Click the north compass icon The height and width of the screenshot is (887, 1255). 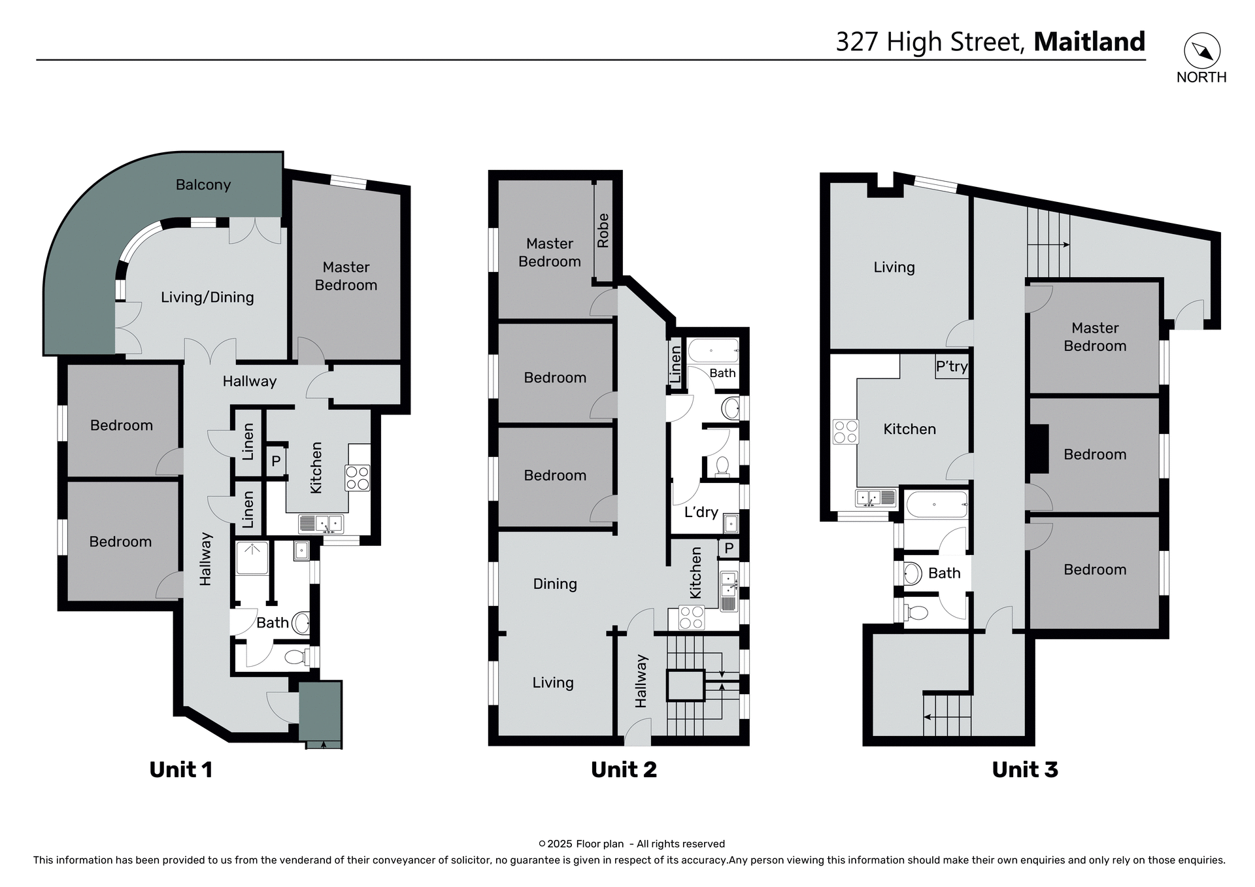click(1202, 51)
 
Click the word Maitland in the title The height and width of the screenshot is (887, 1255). click(1089, 42)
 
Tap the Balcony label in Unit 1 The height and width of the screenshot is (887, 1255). click(203, 185)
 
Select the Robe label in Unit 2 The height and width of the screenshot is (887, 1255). click(603, 231)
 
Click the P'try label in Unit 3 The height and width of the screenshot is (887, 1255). click(951, 367)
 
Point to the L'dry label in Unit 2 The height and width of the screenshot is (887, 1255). click(701, 512)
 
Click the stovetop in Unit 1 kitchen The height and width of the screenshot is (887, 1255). click(358, 478)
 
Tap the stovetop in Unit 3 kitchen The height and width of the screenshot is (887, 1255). click(845, 432)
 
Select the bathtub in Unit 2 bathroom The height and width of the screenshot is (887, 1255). click(713, 351)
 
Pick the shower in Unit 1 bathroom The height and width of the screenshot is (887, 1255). click(252, 558)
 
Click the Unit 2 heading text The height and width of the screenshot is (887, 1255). click(624, 770)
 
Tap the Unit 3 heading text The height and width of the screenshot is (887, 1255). click(1024, 770)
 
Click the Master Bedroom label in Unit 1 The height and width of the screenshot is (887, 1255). click(346, 276)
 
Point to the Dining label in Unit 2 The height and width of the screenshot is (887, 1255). click(555, 584)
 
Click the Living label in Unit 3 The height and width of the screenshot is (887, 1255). click(894, 267)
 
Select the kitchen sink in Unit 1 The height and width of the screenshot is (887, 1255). click(321, 524)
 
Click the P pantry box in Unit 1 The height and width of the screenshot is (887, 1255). click(276, 461)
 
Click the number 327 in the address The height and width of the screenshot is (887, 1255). click(856, 42)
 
